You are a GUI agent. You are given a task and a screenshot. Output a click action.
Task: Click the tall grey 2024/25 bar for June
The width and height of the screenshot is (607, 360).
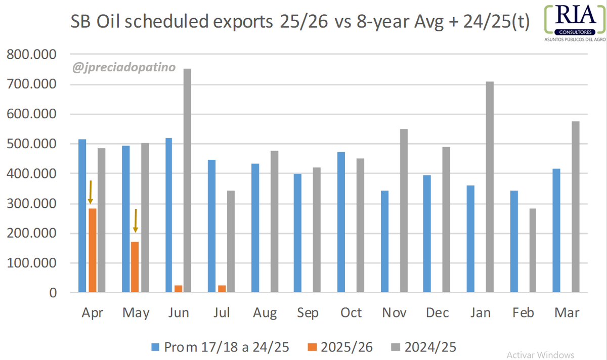tap(187, 181)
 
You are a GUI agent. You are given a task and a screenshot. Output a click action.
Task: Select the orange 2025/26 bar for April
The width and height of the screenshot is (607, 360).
tap(93, 250)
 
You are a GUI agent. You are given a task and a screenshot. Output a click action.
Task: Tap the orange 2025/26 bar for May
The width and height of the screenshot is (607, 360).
tap(135, 267)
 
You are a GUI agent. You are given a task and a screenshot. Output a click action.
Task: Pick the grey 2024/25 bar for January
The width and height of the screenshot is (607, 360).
tap(490, 187)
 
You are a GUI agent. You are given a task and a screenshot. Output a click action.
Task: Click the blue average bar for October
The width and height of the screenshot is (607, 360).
tap(341, 222)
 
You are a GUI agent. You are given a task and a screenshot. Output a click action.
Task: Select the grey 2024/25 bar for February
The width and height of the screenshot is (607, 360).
tap(533, 250)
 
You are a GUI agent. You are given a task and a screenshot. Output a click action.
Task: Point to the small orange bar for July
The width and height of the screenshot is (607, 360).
tap(222, 289)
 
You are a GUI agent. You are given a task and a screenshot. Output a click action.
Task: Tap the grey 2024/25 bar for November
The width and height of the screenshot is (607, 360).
tap(404, 210)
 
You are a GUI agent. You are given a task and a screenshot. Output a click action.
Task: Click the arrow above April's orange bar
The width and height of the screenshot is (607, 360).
tap(91, 192)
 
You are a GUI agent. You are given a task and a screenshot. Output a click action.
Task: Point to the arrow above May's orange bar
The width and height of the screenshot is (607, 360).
tap(136, 221)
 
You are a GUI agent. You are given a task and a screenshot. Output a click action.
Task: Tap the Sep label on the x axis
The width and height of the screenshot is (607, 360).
tap(308, 313)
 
